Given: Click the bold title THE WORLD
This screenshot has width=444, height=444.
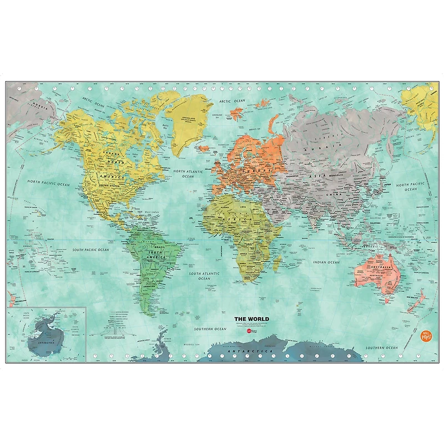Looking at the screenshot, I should [251, 319].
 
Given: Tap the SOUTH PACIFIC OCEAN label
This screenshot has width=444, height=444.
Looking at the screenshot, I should [90, 250].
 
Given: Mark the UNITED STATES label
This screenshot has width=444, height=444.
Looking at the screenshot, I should [109, 186].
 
